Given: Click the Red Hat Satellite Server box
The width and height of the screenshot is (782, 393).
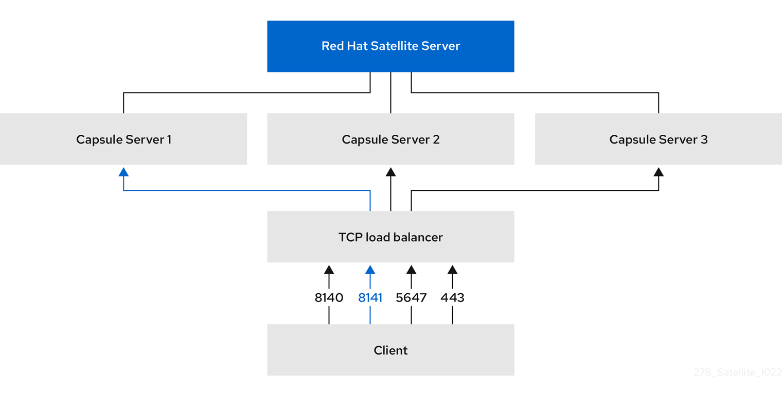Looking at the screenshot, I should point(390,46).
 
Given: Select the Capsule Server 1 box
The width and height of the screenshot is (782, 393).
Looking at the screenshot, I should point(123,139).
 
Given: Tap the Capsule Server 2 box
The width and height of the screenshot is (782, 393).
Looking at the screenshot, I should point(390,139).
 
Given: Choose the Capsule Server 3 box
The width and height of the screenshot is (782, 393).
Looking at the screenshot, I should point(658,139).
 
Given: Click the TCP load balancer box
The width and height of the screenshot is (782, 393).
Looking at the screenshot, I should point(390,237).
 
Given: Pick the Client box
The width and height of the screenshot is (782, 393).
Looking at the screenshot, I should point(390,350).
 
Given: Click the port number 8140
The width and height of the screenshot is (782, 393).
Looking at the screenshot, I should point(329,298).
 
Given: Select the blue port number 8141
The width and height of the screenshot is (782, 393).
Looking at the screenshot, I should point(370,298).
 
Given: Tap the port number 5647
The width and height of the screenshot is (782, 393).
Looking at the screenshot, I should point(411,298).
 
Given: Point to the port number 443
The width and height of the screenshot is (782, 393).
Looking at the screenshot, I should point(452,298).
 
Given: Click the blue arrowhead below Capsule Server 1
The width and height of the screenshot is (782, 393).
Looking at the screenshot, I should point(123,172).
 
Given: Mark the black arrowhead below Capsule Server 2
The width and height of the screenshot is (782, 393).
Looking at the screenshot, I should point(390,172).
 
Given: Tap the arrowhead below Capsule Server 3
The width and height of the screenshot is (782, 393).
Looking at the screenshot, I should point(658,172).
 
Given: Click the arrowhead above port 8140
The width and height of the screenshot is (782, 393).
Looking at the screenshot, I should point(329,269).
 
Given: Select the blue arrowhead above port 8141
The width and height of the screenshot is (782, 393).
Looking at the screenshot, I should point(370,269).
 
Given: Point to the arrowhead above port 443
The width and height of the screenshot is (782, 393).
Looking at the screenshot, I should point(452,269).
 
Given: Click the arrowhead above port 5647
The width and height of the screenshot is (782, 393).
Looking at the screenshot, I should point(411,269).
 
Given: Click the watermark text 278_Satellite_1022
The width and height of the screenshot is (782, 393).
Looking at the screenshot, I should point(737,373).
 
